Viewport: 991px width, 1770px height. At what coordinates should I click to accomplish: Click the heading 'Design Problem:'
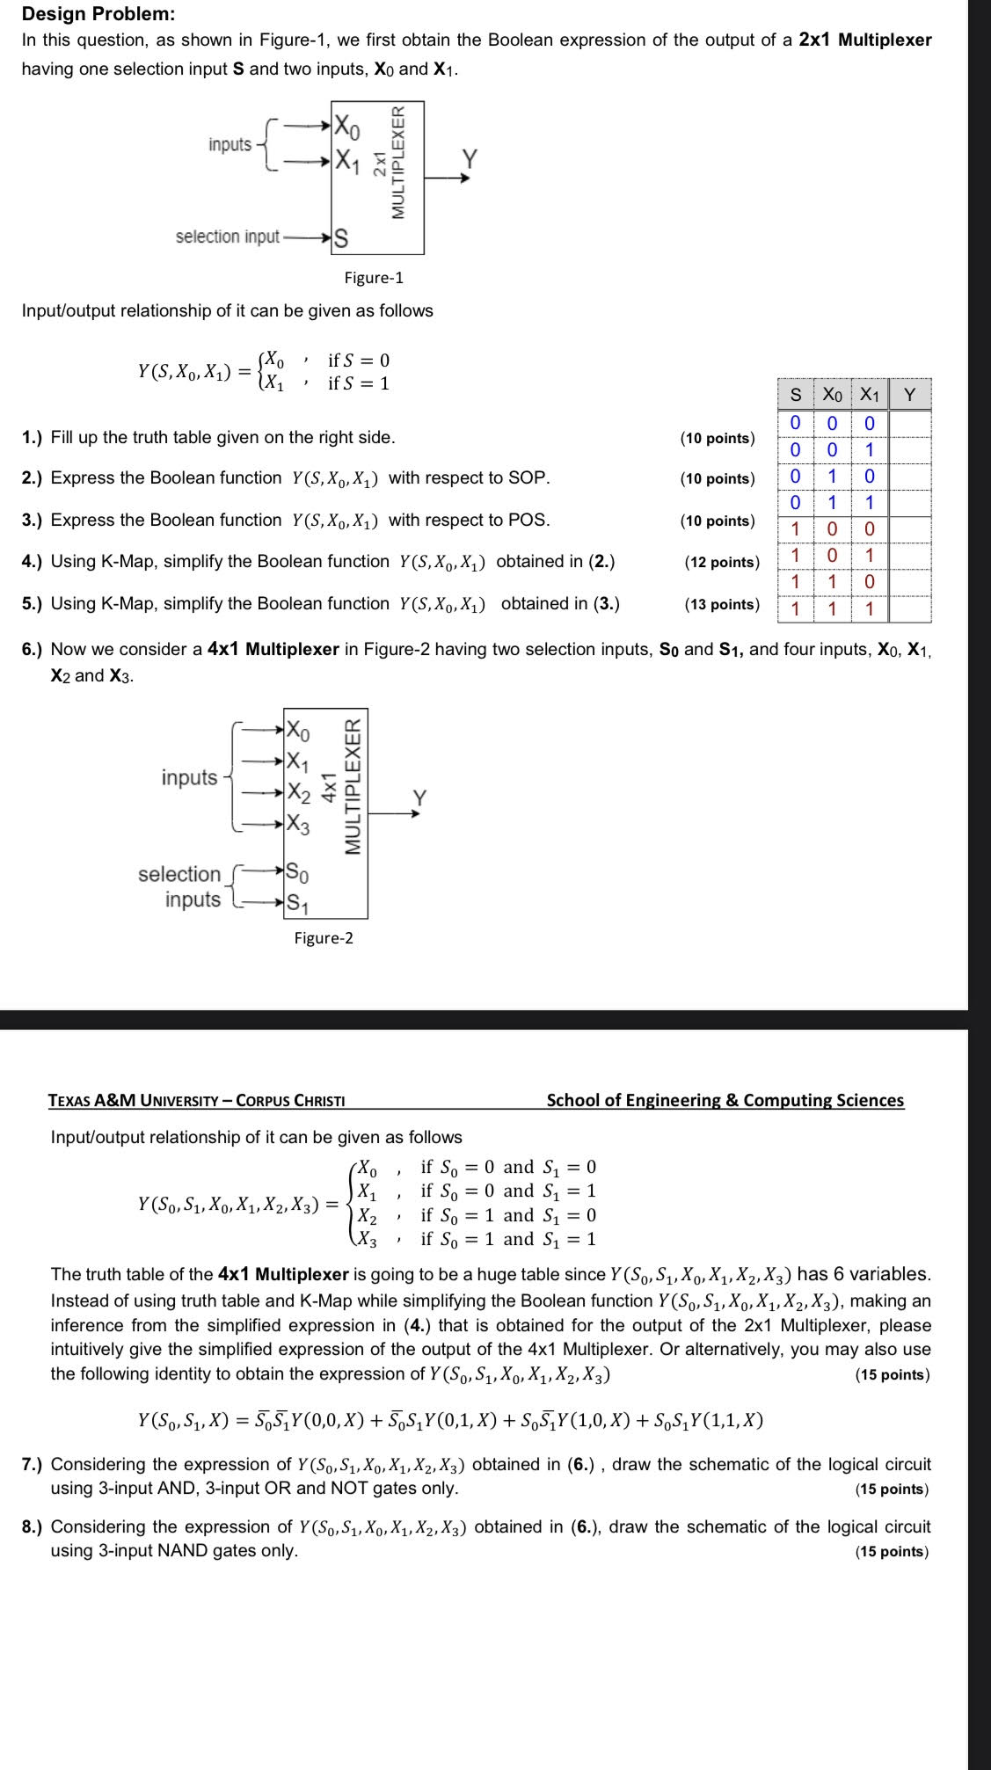pos(98,14)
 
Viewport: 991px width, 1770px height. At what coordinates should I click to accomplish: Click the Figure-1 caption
pos(374,278)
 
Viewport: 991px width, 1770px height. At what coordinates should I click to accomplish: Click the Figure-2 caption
pos(324,938)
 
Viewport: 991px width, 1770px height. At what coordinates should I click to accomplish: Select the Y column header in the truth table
pos(910,395)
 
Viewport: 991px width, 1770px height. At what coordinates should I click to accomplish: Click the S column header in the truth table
pos(795,395)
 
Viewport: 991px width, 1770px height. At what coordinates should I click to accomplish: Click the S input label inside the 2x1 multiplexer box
pos(341,237)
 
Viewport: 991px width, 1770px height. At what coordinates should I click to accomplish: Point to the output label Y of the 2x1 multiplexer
pos(470,158)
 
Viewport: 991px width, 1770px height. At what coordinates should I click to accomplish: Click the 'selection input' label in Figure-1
pos(227,237)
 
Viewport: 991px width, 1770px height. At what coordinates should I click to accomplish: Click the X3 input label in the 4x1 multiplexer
pos(299,825)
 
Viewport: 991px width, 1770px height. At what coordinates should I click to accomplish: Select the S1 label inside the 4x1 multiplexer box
pos(299,902)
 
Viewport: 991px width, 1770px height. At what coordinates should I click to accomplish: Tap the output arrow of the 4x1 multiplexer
pos(396,814)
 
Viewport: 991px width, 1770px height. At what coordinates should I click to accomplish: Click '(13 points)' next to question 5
pos(721,604)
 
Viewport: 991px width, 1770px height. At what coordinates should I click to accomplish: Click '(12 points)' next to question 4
pos(722,562)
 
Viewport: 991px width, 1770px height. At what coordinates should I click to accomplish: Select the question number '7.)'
pos(33,1464)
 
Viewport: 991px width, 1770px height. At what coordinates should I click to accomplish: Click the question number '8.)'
pos(33,1526)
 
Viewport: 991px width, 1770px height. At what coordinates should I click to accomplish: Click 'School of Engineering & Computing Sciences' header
pos(725,1100)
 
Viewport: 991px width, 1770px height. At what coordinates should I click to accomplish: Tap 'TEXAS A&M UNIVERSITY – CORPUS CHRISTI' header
pos(198,1100)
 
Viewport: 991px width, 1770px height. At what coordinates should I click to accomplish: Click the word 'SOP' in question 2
pos(529,478)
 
